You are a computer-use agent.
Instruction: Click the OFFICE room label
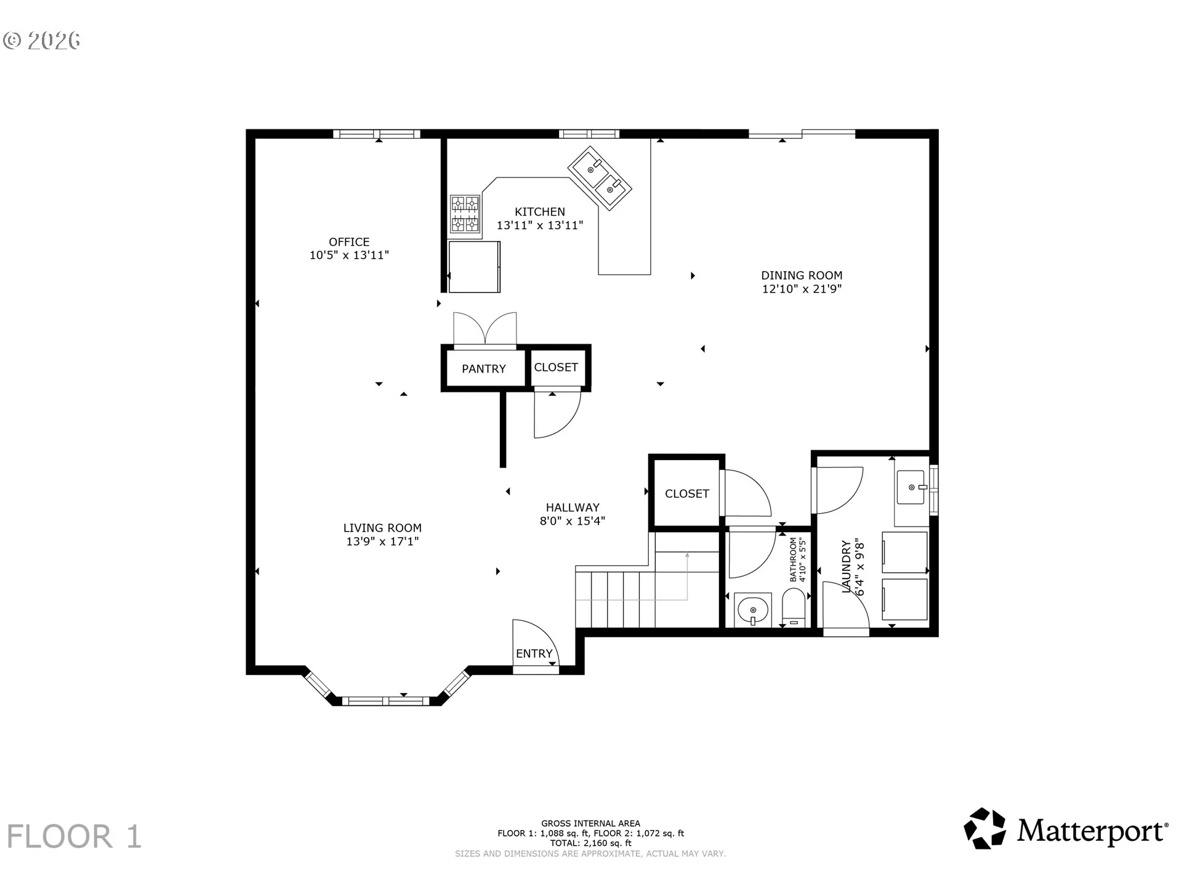[x=349, y=242]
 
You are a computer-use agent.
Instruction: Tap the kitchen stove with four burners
[x=465, y=214]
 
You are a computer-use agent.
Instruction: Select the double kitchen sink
[x=600, y=178]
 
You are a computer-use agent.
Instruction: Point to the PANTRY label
[x=484, y=369]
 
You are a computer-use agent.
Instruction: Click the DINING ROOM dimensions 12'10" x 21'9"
[x=802, y=289]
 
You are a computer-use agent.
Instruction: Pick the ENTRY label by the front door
[x=534, y=654]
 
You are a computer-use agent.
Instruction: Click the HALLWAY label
[x=573, y=508]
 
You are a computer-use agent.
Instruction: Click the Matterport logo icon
[x=985, y=828]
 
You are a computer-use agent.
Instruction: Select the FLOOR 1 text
[x=74, y=836]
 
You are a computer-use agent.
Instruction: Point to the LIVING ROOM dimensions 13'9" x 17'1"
[x=382, y=541]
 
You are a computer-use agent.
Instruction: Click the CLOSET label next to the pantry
[x=556, y=367]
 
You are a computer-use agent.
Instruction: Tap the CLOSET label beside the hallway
[x=687, y=493]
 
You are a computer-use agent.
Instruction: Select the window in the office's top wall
[x=377, y=134]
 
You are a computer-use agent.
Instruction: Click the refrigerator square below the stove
[x=474, y=267]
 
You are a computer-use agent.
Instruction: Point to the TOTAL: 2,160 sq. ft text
[x=591, y=843]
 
